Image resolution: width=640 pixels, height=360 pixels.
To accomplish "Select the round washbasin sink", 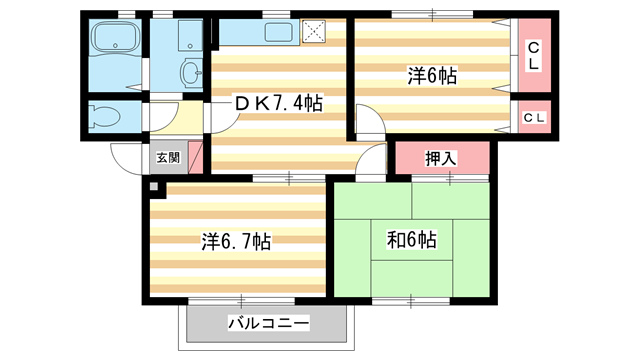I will coord(189,71).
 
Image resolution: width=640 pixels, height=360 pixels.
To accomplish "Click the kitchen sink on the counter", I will coord(277,33).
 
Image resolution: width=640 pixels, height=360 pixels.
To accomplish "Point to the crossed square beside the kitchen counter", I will coord(319,33).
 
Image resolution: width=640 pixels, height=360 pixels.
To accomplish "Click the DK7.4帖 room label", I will coord(278,103).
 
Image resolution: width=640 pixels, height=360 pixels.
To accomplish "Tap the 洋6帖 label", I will coord(432,75).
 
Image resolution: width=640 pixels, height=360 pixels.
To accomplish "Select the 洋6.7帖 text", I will coord(235,241).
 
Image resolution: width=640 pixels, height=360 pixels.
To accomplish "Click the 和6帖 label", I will coord(411,240).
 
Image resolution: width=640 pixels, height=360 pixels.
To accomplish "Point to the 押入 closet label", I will coord(440,157).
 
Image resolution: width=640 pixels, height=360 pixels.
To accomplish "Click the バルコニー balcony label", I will coord(267,323).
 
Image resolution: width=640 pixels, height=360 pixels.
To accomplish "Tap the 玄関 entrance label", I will coord(168,157).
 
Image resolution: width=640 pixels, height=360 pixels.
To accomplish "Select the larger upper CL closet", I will coord(534,55).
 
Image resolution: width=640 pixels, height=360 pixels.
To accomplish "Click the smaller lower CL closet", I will coord(534,117).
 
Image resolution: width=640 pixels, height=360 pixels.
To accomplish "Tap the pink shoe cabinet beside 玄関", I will coord(195,157).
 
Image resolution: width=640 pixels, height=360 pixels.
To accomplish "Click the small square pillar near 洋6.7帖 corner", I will coord(153,187).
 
